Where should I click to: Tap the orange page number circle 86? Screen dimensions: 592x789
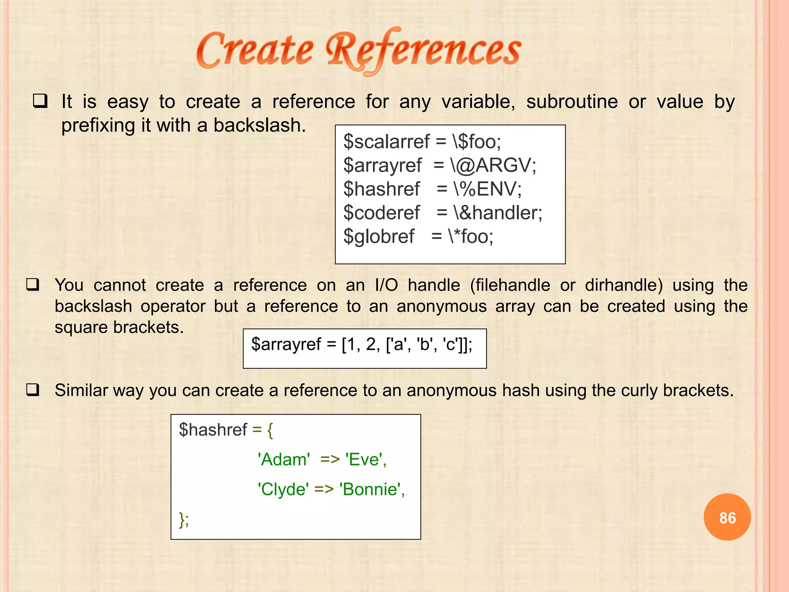point(727,517)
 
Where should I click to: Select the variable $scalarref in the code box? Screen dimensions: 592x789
point(386,141)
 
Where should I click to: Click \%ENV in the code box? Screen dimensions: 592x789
point(487,189)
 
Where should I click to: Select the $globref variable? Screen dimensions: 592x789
point(379,236)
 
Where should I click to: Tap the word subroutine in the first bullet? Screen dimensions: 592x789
point(572,102)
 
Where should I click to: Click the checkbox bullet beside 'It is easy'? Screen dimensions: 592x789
point(40,101)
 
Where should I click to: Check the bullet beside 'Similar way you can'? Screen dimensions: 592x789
point(33,390)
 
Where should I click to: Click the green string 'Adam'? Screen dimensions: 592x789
point(284,459)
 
